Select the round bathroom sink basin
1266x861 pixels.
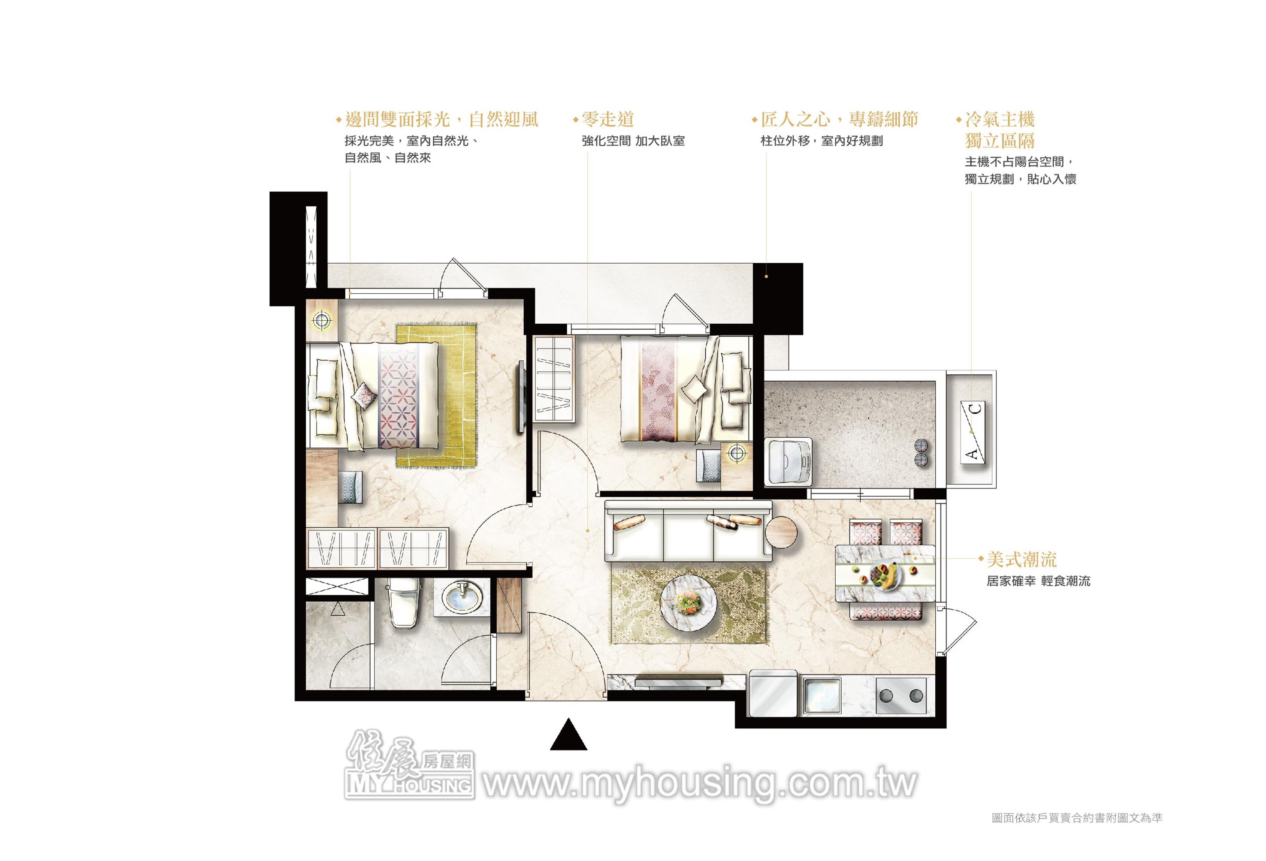pos(462,597)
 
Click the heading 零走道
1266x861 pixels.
pos(607,119)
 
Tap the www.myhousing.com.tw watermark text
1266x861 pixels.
pos(701,785)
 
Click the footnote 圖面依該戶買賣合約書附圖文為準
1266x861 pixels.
pos(1077,833)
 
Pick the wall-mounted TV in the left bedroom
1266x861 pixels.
pos(521,397)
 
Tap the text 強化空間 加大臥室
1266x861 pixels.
pos(633,141)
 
